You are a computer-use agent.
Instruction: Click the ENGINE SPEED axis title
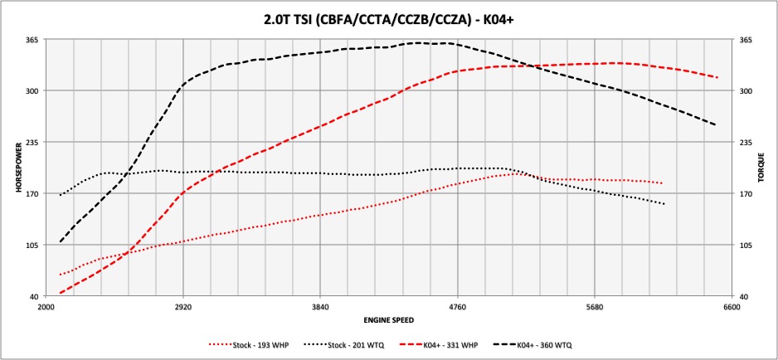click(x=388, y=319)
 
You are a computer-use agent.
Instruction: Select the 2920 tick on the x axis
click(x=183, y=307)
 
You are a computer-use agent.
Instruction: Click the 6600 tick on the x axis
click(x=731, y=307)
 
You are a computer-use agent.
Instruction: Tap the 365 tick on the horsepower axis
click(x=34, y=39)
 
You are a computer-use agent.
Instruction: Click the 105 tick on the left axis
click(x=34, y=246)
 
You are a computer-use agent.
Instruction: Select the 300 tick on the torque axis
click(x=744, y=91)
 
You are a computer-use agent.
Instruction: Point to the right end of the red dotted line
click(x=662, y=183)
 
